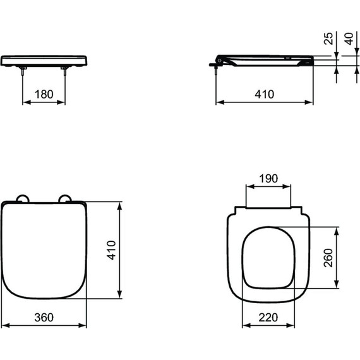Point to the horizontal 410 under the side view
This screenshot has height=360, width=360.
click(264, 94)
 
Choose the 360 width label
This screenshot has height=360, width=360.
click(44, 316)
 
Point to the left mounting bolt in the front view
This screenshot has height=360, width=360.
click(23, 73)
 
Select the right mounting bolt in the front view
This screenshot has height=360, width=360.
click(65, 73)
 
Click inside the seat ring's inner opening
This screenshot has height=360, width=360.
click(268, 259)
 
